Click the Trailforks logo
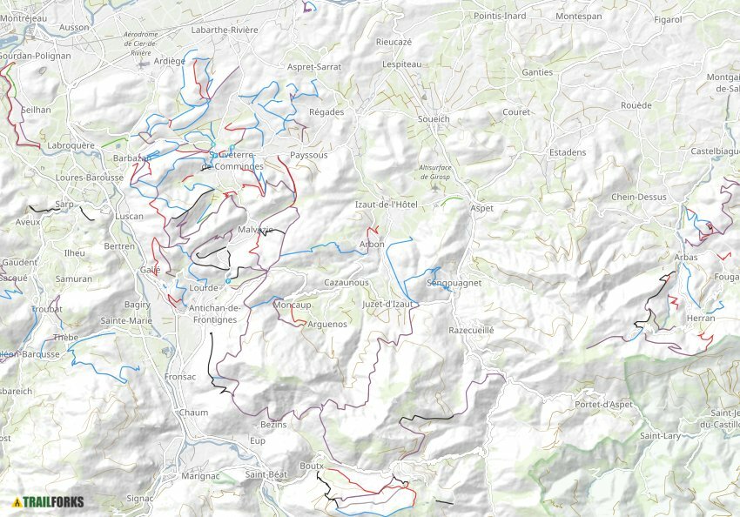point(48,502)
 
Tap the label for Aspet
point(481,209)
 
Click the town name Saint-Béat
point(266,474)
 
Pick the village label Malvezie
point(255,230)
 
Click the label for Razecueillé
point(471,331)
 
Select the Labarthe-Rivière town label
point(224,30)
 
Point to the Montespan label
point(578,17)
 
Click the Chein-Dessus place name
point(638,197)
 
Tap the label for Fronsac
point(179,377)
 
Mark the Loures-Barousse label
point(88,177)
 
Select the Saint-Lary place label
point(659,435)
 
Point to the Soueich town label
point(434,118)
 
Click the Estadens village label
point(568,152)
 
